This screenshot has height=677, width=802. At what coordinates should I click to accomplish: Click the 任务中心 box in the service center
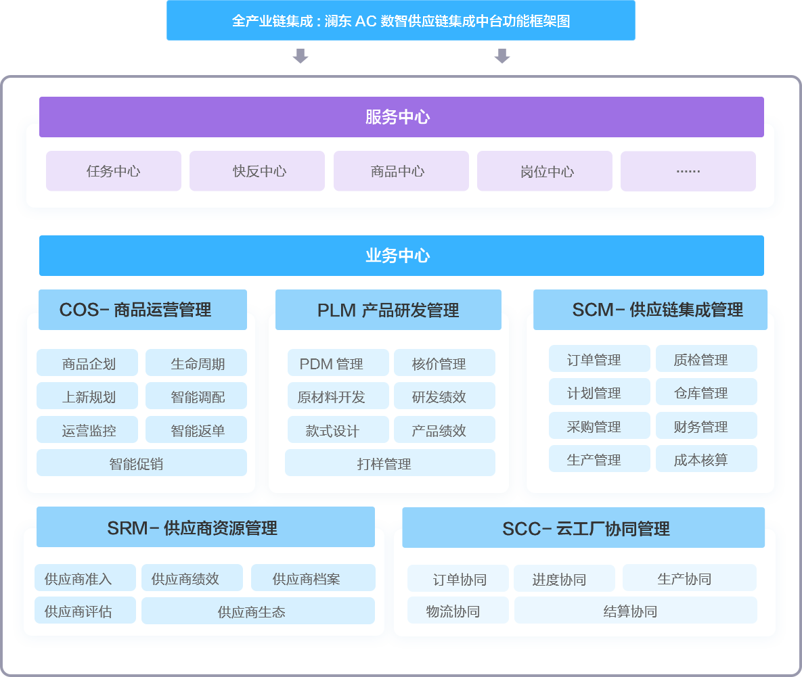tap(114, 171)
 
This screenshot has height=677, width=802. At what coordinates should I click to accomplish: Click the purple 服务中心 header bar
tap(401, 117)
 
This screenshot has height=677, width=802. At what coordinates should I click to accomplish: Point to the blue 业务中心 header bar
tap(401, 256)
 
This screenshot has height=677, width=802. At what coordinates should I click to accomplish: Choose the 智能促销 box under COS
tap(141, 463)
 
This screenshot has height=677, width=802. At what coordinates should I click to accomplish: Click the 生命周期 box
tap(196, 363)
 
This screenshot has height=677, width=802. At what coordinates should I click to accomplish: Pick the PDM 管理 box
tap(338, 363)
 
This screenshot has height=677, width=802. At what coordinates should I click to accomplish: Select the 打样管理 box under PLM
tap(390, 463)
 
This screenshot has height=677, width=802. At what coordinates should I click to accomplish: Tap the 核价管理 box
tap(445, 363)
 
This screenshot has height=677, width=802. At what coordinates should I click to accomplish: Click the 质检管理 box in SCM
tap(707, 359)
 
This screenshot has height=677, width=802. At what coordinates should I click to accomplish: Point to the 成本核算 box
tap(707, 459)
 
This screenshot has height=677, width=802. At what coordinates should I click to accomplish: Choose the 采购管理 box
tap(600, 426)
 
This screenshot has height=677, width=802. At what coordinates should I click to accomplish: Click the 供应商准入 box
tap(85, 578)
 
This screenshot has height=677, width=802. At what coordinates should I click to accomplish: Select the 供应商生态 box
tap(258, 611)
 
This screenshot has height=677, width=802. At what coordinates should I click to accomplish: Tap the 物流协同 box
tap(458, 611)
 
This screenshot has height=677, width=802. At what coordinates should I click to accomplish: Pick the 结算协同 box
tap(636, 611)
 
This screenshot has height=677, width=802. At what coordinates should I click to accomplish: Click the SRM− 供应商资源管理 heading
tap(206, 528)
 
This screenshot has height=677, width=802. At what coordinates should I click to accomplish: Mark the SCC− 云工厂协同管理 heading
tap(583, 528)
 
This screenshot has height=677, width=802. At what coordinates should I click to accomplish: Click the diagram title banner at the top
tap(401, 21)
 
